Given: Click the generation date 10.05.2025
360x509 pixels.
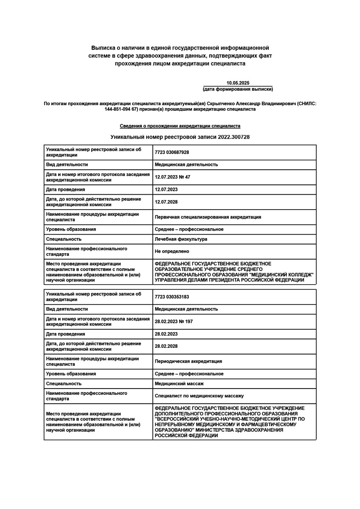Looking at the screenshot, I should click(x=238, y=83).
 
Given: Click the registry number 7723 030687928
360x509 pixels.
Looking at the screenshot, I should click(x=172, y=152).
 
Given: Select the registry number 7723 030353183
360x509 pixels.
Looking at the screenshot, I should click(x=172, y=296).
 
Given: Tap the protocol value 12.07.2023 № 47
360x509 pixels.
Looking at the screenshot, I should click(x=172, y=177).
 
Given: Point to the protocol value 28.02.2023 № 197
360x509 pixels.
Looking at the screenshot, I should click(x=174, y=322).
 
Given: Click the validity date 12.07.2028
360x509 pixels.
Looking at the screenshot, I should click(x=166, y=202).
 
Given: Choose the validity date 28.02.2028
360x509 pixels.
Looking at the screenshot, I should click(x=166, y=346).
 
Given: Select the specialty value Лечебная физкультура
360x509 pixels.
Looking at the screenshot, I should click(x=181, y=239).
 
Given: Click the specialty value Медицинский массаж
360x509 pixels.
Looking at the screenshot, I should click(x=179, y=384).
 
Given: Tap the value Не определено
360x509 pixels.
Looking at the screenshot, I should click(x=172, y=252).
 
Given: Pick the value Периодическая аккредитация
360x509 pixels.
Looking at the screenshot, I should click(x=188, y=361).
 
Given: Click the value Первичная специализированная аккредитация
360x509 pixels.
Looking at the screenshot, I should click(x=208, y=217).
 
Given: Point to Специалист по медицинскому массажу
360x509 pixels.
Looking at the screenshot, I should click(x=199, y=396).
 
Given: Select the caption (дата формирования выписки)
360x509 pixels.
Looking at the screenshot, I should click(x=238, y=89).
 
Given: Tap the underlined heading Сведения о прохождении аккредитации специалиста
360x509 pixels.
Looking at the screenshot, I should click(x=180, y=126).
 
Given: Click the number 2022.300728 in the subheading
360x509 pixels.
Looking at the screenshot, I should click(x=234, y=137).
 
